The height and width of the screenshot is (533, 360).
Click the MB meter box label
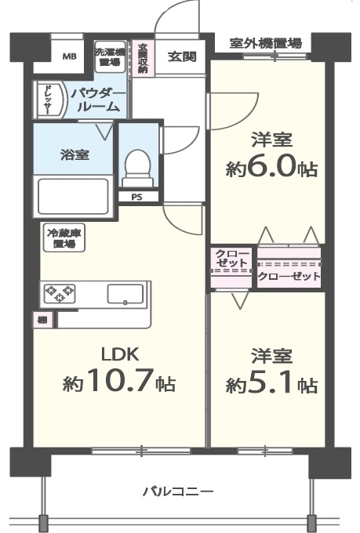click(x=70, y=56)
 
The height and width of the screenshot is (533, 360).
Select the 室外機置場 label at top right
click(x=266, y=43)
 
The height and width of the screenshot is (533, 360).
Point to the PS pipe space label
click(x=136, y=197)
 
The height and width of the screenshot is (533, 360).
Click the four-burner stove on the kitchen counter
click(x=59, y=294)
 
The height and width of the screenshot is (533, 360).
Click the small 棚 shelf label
click(x=40, y=320)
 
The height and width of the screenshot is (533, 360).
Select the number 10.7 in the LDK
click(x=118, y=383)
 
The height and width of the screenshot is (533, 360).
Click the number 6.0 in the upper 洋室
click(x=272, y=167)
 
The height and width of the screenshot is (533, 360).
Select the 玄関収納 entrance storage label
click(x=143, y=57)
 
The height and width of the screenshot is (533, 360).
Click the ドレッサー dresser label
click(x=47, y=100)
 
